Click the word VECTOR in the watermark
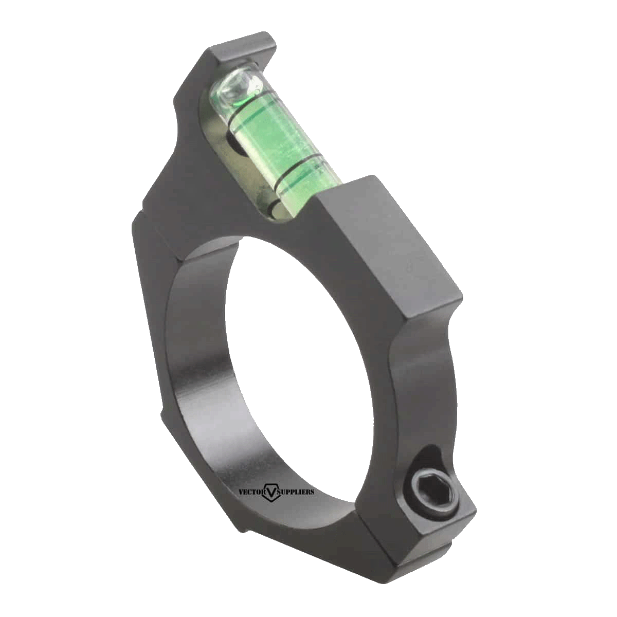pyautogui.click(x=251, y=492)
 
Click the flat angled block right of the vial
pyautogui.click(x=391, y=242)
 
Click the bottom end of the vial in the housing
pyautogui.click(x=275, y=208)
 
